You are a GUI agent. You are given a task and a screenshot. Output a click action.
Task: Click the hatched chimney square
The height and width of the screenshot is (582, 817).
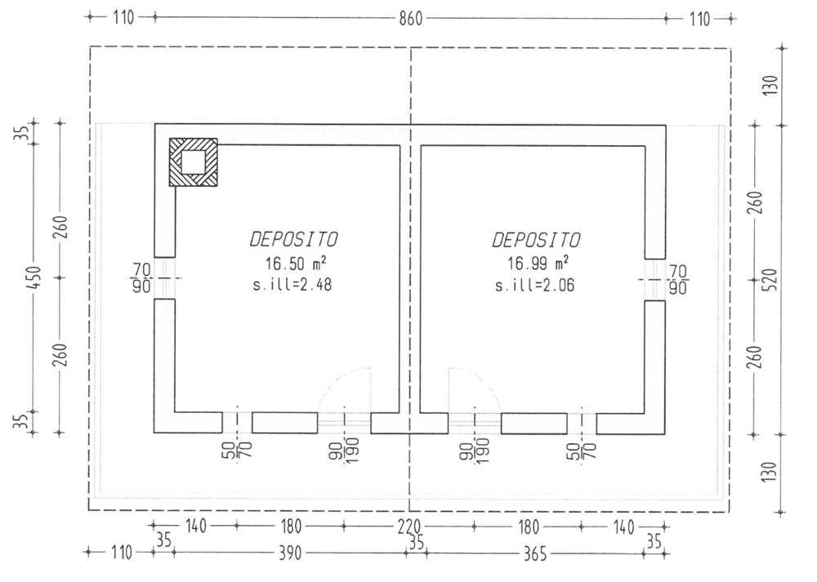pyautogui.click(x=193, y=162)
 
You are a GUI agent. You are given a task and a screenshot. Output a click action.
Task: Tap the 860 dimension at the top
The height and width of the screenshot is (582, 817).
pyautogui.click(x=411, y=20)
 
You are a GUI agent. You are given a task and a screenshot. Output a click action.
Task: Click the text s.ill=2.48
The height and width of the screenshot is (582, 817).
pyautogui.click(x=292, y=284)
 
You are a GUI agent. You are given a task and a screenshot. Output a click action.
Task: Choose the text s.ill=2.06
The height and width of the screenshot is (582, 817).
pyautogui.click(x=534, y=285)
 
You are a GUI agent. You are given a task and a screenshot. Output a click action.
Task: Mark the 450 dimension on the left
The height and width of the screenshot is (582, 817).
pyautogui.click(x=33, y=278)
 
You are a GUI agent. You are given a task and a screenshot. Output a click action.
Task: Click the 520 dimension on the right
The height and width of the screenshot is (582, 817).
pyautogui.click(x=772, y=279)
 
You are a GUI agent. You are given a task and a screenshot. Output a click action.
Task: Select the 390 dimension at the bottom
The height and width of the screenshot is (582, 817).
pyautogui.click(x=290, y=553)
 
